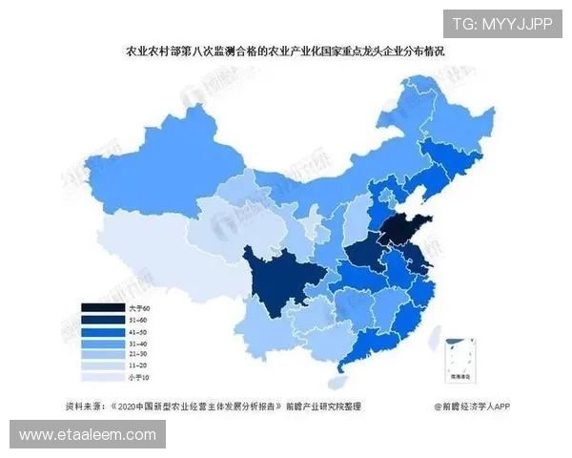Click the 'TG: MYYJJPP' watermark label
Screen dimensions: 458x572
point(501,24)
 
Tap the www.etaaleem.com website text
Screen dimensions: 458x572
point(87,435)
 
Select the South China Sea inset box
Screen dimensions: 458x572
point(466,358)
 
